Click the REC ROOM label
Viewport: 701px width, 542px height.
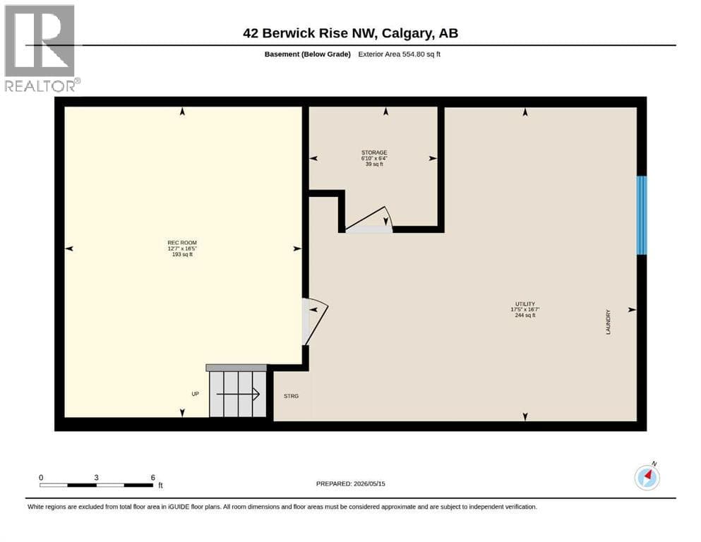coord(182,243)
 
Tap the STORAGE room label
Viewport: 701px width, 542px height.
coord(374,152)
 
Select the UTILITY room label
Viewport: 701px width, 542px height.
coord(525,304)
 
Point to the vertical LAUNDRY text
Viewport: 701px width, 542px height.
coord(608,322)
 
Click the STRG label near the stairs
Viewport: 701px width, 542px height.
coord(291,396)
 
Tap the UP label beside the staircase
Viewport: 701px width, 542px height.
coord(195,394)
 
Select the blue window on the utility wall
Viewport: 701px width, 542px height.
coord(642,215)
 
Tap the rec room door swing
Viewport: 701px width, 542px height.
coord(318,323)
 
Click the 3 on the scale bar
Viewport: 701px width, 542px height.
coord(96,477)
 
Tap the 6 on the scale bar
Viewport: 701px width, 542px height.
coord(153,477)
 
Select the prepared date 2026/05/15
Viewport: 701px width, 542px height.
coord(369,483)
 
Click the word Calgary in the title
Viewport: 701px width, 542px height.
coord(407,33)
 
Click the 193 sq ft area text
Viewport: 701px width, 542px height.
coord(182,254)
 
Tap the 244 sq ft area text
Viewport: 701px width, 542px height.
coord(525,315)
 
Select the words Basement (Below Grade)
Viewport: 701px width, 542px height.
coord(308,54)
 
